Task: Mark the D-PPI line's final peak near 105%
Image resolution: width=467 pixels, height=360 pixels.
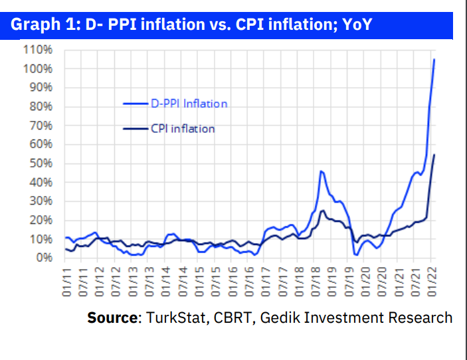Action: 434,60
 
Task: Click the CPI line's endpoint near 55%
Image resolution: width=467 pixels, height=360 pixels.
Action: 434,155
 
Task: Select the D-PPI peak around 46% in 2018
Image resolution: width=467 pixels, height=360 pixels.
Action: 321,171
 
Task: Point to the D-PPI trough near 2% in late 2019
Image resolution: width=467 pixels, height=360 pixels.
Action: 357,254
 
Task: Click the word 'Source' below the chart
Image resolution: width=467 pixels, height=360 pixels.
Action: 112,317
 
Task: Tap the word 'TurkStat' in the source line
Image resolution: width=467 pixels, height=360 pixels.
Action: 177,317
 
